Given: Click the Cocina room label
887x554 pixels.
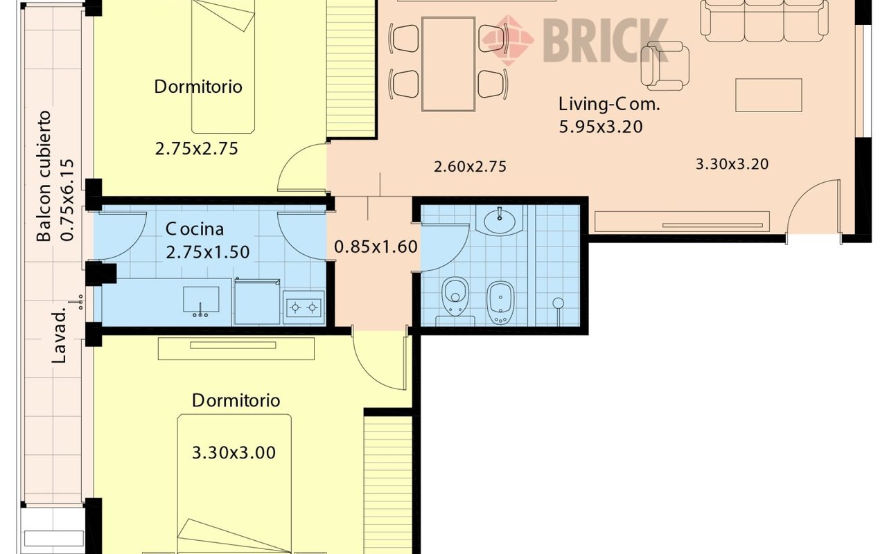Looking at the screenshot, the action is pos(195,229).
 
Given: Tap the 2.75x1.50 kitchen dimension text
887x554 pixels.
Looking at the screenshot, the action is pos(207,252).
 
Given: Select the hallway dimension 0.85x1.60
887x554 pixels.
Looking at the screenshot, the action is pos(376,247).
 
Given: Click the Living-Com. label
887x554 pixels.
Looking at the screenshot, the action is pos(609,105).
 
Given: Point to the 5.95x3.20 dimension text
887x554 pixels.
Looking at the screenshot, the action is pos(600,127).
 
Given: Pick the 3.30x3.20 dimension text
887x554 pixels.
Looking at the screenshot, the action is pos(732,164).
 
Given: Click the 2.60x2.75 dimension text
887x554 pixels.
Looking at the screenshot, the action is pos(470,167).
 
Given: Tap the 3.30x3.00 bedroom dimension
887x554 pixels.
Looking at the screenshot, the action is pos(234,453).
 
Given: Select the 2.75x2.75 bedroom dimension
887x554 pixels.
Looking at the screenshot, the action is pos(196,149).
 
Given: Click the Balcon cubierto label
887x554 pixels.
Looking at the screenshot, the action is pos(44,176).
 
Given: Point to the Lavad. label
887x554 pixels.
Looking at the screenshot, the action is pos(59,337).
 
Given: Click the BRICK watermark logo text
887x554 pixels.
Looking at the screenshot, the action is pos(606,40).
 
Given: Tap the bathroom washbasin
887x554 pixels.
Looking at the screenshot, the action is pos(500,220).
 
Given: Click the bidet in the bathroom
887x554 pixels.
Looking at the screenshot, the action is pos(500,303).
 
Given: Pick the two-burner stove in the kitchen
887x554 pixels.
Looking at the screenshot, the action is pos(304,307).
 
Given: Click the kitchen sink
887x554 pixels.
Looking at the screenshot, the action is pos(201,301).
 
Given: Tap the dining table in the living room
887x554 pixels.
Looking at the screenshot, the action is pos(448,64).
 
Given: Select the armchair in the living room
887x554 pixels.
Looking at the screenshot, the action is pos(665,66).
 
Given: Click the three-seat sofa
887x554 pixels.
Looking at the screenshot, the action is pos(764,20).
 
